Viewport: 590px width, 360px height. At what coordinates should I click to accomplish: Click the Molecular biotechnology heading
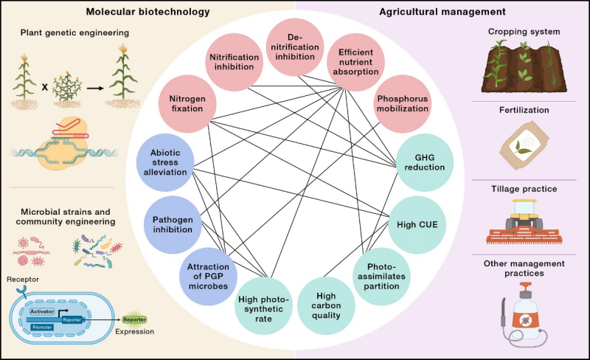pos(147,13)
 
